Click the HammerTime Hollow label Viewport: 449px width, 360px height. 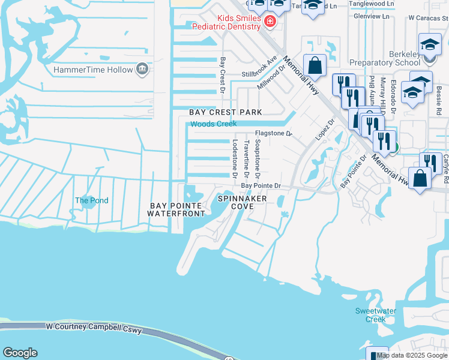93,70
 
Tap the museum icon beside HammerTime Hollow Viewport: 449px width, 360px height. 142,70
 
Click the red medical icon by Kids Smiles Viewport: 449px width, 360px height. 270,22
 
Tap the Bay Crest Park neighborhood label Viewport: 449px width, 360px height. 226,112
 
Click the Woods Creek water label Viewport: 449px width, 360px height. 214,124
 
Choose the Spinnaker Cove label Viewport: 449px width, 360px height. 242,202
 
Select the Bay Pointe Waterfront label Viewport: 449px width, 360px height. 178,209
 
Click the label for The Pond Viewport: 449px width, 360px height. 91,200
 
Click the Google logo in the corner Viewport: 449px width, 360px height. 20,353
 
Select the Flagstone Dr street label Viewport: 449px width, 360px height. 273,133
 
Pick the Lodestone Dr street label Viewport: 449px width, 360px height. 235,158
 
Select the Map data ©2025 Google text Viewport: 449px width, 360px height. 412,355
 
